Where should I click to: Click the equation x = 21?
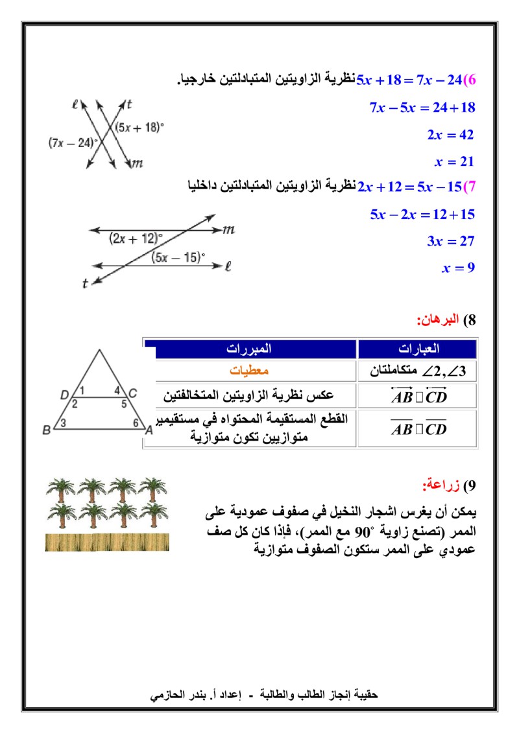click(x=454, y=161)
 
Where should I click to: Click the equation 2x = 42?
click(x=450, y=135)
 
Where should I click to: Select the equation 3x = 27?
click(x=450, y=241)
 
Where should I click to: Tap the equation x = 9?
click(x=458, y=268)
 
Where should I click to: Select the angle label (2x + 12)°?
click(x=136, y=238)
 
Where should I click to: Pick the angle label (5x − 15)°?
click(x=178, y=258)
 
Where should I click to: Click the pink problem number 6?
click(x=472, y=81)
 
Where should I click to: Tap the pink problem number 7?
click(x=472, y=187)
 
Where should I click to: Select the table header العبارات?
click(x=418, y=349)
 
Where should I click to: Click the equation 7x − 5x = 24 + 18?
click(x=422, y=108)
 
